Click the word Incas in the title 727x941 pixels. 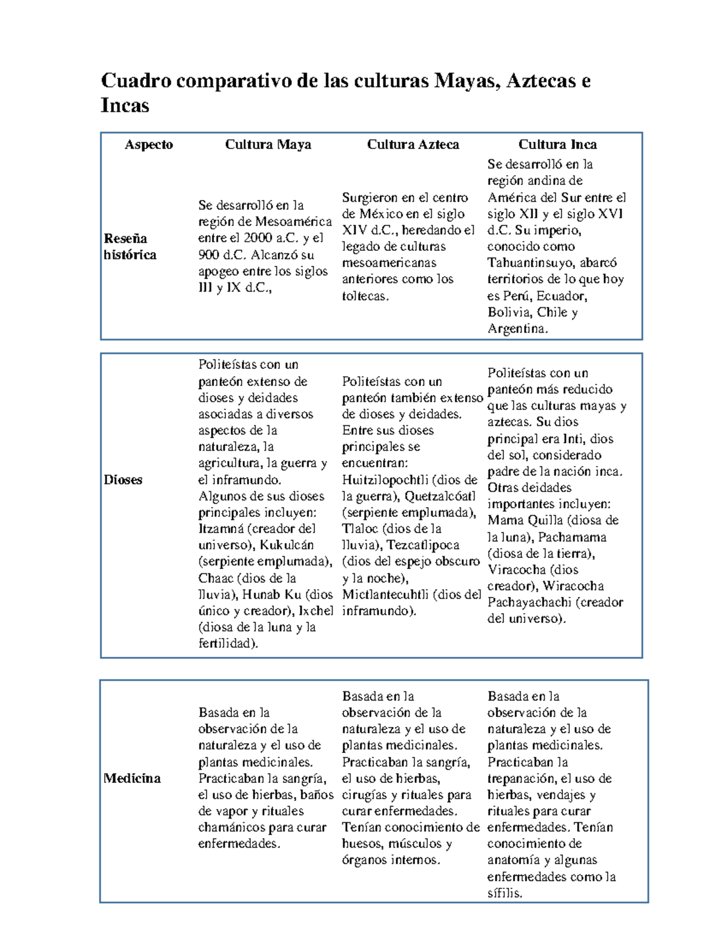pos(125,105)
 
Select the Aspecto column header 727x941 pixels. pos(148,144)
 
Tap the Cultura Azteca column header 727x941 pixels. pos(413,144)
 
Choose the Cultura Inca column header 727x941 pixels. pos(557,144)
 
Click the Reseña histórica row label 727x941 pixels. pos(130,247)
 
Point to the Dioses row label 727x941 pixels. pos(123,479)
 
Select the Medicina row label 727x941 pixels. pos(132,778)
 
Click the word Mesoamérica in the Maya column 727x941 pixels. pos(293,222)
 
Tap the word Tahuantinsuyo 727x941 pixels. pos(531,263)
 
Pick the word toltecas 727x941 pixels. pos(364,296)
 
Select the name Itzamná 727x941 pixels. pos(221,528)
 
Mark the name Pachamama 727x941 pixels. pos(572,537)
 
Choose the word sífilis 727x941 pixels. pos(504,893)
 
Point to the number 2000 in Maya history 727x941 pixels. pos(257,238)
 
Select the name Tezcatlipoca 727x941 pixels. pos(423,545)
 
